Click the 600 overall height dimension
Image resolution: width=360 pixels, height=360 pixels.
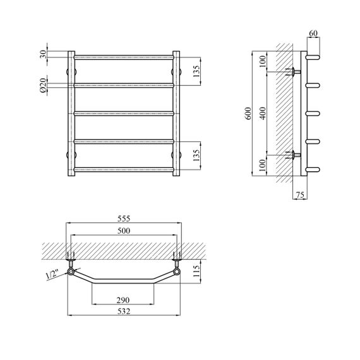(248, 113)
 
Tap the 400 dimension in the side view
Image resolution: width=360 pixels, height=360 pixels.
(263, 113)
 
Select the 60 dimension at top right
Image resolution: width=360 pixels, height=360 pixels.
(313, 33)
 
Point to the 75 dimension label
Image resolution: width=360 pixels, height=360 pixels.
(300, 195)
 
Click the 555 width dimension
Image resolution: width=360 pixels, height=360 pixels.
(124, 219)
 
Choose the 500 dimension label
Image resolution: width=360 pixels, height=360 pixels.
(124, 231)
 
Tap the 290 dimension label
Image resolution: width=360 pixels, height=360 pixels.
(123, 300)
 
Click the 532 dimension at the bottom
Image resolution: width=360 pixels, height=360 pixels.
(124, 311)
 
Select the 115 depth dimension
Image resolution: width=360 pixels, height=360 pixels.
(196, 271)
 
